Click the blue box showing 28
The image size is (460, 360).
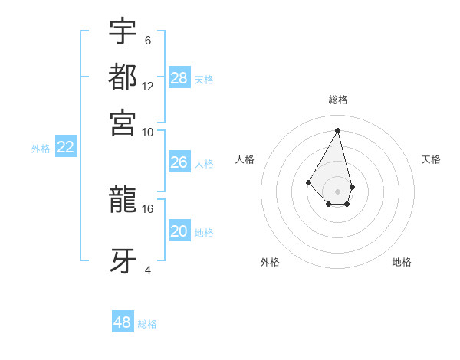click(x=179, y=78)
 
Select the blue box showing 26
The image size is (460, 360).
click(x=179, y=162)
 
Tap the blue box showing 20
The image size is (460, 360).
click(x=179, y=232)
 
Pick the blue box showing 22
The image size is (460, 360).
click(x=66, y=148)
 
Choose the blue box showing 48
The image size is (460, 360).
click(x=123, y=322)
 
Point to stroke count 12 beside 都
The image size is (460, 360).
click(x=148, y=86)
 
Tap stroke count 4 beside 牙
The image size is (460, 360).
click(x=148, y=270)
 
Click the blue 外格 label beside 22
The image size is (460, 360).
click(x=41, y=149)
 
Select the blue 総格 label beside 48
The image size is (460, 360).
click(x=147, y=324)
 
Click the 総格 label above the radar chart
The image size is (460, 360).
click(x=338, y=100)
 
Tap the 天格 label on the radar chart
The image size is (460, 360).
click(x=431, y=159)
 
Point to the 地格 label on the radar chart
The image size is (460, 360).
click(x=402, y=262)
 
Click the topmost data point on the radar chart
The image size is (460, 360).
click(x=338, y=130)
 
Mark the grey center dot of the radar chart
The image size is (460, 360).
click(x=338, y=191)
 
